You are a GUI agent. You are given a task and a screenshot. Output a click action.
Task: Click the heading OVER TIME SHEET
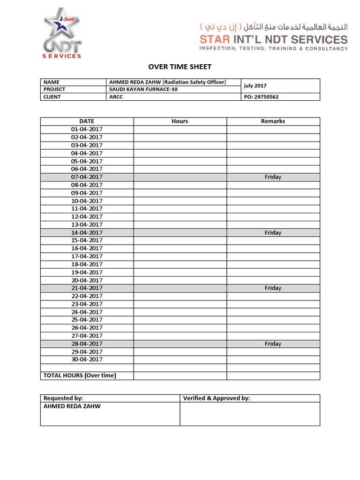click(x=180, y=67)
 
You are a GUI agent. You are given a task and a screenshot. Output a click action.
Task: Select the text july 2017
click(x=255, y=86)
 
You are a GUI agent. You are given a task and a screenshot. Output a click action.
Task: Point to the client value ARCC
click(x=116, y=97)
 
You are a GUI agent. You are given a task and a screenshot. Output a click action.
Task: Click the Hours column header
click(x=180, y=121)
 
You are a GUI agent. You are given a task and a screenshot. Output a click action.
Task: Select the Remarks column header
click(x=273, y=121)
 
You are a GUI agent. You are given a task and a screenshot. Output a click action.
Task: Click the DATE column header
click(x=87, y=121)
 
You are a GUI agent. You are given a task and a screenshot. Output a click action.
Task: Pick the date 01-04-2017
click(x=87, y=129)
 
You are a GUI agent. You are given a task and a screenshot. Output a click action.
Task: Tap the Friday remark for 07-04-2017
click(x=273, y=177)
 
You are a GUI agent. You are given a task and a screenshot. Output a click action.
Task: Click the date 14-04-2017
click(x=87, y=232)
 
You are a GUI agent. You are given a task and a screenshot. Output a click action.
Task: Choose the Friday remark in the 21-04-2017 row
click(x=273, y=288)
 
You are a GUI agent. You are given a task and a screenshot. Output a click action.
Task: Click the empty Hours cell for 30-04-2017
click(x=180, y=360)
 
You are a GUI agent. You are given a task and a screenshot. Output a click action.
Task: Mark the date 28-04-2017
click(x=87, y=344)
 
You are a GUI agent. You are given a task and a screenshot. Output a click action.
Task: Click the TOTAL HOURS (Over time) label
click(x=80, y=375)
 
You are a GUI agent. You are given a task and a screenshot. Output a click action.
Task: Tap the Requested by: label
click(x=63, y=398)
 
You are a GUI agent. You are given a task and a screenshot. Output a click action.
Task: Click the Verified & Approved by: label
click(x=217, y=398)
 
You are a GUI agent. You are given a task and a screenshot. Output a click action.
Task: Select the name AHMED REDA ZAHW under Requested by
click(x=72, y=406)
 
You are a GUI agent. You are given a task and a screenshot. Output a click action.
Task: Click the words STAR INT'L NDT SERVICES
click(x=274, y=39)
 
